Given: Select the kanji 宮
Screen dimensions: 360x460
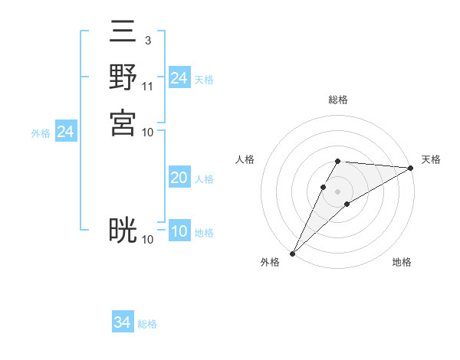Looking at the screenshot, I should click(123, 121).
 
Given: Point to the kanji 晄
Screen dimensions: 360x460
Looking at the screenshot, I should click(123, 230).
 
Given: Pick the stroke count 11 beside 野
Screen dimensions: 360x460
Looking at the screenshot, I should click(148, 86).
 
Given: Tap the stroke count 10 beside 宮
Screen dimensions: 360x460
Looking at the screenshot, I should click(148, 132).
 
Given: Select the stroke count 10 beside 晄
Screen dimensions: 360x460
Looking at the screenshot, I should click(148, 240).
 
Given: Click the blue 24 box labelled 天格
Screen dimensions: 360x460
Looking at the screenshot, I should click(179, 78).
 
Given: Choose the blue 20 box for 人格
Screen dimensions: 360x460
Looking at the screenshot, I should click(179, 178).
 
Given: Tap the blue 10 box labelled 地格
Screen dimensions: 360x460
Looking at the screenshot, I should click(179, 231).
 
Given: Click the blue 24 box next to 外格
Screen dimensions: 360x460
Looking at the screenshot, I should click(65, 132).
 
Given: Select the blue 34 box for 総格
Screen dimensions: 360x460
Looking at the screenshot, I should click(122, 322).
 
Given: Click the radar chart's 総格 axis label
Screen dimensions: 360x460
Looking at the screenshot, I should click(338, 100).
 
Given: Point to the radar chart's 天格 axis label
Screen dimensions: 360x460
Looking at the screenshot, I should click(431, 159).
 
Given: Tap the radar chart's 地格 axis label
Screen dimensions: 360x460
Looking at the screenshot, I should click(402, 263).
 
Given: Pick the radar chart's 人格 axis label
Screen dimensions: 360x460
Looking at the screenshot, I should click(245, 159).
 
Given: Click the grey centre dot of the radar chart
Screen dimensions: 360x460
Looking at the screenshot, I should click(338, 191).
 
